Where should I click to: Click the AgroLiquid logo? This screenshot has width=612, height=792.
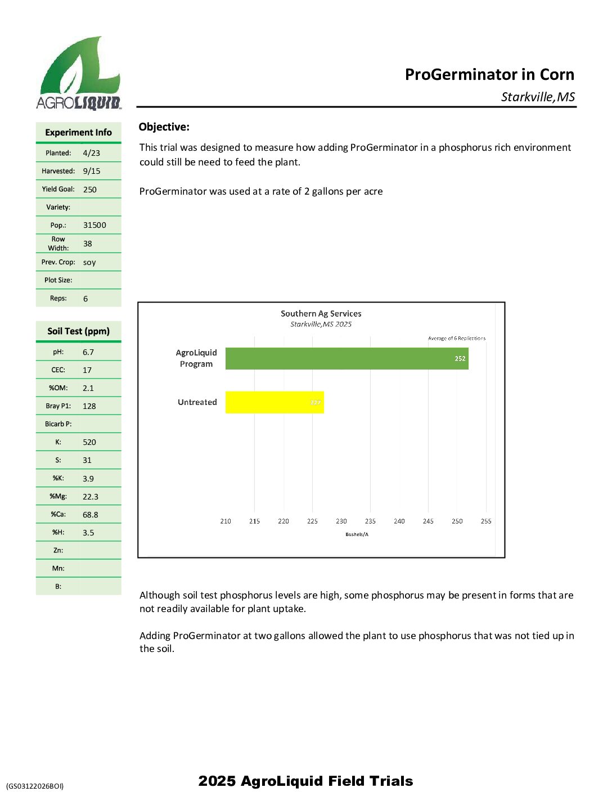(79, 73)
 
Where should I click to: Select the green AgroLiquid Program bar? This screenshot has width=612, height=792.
(346, 358)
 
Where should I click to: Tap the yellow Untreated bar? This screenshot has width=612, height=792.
(274, 402)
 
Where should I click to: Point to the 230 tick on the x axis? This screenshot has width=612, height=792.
(341, 521)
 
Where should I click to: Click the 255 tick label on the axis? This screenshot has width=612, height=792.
(486, 521)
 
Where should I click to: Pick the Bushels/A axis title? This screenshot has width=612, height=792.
(357, 534)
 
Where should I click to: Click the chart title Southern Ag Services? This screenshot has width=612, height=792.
(321, 314)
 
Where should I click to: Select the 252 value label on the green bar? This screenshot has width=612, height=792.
(460, 358)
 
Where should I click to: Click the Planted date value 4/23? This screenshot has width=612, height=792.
(91, 153)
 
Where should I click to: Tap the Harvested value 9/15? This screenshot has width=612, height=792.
(92, 171)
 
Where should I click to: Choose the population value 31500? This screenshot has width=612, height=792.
(94, 225)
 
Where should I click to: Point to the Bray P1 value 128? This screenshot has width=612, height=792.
(89, 406)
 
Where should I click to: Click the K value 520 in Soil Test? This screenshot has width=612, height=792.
(89, 442)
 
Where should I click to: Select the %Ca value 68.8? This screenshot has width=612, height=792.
(91, 515)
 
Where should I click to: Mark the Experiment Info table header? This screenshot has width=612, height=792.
(79, 133)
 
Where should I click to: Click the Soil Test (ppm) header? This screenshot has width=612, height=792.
(79, 331)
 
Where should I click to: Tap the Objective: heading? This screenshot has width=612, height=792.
(164, 127)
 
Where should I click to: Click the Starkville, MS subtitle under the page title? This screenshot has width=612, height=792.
(538, 97)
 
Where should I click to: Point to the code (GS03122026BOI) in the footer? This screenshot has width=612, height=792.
(35, 786)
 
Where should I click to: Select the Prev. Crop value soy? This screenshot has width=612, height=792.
(89, 263)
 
